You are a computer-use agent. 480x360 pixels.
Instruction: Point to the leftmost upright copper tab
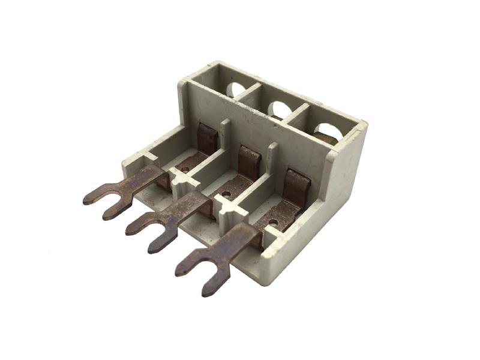(x=208, y=139)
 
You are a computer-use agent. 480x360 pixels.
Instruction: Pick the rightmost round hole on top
(x=327, y=130)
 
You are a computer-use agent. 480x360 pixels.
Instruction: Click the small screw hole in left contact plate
(x=185, y=170)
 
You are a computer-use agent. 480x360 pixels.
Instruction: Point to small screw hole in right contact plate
(x=273, y=223)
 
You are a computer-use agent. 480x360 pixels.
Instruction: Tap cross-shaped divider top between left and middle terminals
(x=178, y=177)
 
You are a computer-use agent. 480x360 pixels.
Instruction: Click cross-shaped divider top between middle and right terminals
(x=226, y=208)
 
